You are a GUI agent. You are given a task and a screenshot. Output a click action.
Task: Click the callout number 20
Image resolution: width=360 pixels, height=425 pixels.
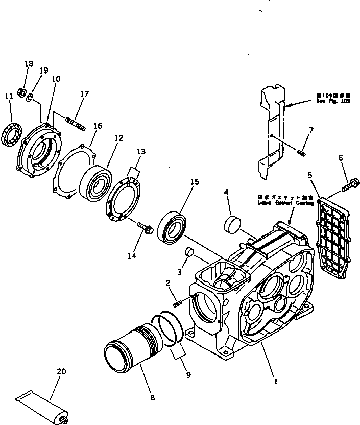pos(61,372)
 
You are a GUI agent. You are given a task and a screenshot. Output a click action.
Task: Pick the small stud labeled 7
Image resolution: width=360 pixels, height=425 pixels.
pos(301,152)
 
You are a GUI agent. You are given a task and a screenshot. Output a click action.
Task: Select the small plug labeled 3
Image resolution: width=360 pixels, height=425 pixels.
pos(189,252)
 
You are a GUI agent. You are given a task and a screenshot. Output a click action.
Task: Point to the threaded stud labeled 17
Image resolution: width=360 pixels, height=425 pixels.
pos(75,123)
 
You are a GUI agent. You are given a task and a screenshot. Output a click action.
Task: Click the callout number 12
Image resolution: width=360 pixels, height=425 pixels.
pos(118,137)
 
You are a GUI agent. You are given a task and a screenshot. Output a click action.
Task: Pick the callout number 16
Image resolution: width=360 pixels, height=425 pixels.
pos(97,126)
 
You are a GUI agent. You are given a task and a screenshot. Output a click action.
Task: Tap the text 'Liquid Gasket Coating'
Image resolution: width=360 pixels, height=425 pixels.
pos(275,203)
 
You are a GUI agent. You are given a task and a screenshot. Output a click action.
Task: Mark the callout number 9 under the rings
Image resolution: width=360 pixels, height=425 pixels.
pos(188,375)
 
